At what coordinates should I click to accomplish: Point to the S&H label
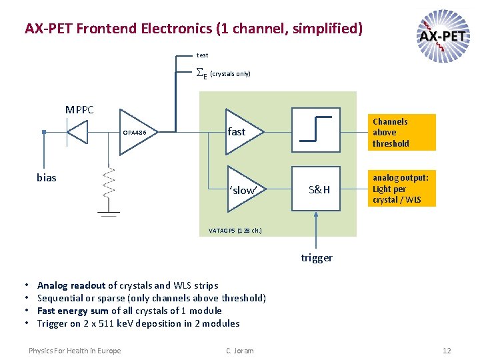(x=319, y=190)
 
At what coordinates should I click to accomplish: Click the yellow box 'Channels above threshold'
(x=403, y=132)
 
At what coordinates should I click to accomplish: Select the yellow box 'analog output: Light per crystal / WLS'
(x=403, y=189)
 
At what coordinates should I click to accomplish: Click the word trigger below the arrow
(x=317, y=258)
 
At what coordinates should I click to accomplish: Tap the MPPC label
(x=79, y=109)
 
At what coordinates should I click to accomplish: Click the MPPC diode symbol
(x=78, y=132)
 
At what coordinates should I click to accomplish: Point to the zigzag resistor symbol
(x=107, y=183)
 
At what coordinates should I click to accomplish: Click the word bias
(x=47, y=177)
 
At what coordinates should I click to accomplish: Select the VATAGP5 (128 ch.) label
(x=235, y=231)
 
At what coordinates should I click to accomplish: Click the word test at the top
(x=202, y=55)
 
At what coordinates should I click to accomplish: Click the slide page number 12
(x=447, y=351)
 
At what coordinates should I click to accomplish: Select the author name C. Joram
(x=240, y=351)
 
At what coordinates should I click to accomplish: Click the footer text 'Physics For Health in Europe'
(x=75, y=351)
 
